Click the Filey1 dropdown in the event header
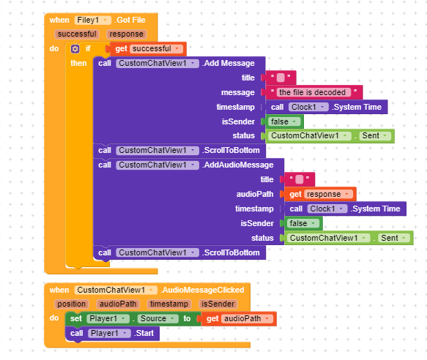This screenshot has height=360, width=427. point(92,20)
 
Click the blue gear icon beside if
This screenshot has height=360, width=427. point(75,49)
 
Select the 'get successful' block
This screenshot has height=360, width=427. point(148,49)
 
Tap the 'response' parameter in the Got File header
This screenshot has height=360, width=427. point(127,34)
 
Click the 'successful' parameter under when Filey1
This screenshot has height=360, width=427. point(77,34)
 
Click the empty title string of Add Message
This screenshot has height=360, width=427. point(281,78)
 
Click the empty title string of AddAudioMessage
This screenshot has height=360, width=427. point(300,179)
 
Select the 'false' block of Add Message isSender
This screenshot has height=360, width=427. point(284,121)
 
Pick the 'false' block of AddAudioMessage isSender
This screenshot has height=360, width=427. point(303,224)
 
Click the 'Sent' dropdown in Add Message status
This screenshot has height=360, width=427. point(375,136)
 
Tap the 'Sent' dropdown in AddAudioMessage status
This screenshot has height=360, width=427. point(394,238)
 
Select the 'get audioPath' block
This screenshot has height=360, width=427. point(239,318)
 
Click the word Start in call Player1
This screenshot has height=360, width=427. point(144,333)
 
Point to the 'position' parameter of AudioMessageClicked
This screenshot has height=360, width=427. point(71,304)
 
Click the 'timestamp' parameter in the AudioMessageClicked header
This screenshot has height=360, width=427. point(169,304)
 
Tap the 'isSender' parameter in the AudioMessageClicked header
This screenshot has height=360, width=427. point(218,304)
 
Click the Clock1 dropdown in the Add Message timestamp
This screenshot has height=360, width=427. point(308,107)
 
